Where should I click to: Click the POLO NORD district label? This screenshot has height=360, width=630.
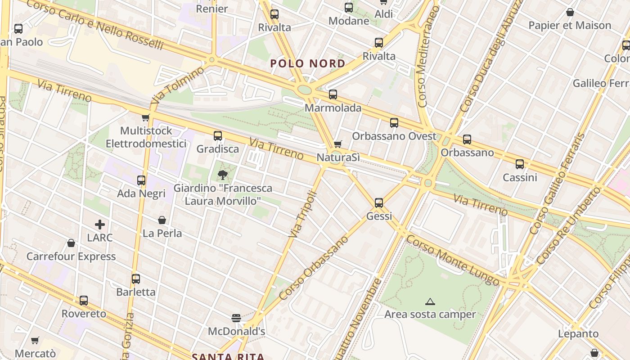pyautogui.click(x=308, y=63)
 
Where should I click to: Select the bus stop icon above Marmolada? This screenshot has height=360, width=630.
pyautogui.click(x=333, y=94)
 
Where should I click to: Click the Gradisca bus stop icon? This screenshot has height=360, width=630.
pyautogui.click(x=218, y=135)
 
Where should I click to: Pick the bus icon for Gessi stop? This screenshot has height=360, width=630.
pyautogui.click(x=379, y=203)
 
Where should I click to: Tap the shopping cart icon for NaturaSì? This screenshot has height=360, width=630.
pyautogui.click(x=338, y=144)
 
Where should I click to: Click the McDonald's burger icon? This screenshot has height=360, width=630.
pyautogui.click(x=236, y=318)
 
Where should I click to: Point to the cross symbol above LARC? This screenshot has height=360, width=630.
pyautogui.click(x=100, y=224)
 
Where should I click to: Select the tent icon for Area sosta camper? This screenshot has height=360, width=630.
pyautogui.click(x=430, y=301)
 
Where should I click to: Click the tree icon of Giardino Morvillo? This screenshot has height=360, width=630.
pyautogui.click(x=222, y=175)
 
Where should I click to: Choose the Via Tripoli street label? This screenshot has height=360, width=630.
pyautogui.click(x=303, y=215)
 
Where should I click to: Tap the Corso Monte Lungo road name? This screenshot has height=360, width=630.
pyautogui.click(x=452, y=261)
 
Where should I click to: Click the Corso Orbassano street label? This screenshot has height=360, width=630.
pyautogui.click(x=314, y=268)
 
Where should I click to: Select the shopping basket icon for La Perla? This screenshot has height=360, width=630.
pyautogui.click(x=162, y=220)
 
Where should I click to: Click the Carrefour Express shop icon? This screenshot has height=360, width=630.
pyautogui.click(x=71, y=243)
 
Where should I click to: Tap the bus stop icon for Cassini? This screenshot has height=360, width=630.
pyautogui.click(x=520, y=164)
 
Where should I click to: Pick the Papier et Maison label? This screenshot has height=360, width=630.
pyautogui.click(x=570, y=25)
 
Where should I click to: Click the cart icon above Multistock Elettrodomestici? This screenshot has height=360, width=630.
pyautogui.click(x=145, y=118)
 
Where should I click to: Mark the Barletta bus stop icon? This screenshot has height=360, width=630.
pyautogui.click(x=136, y=279)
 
